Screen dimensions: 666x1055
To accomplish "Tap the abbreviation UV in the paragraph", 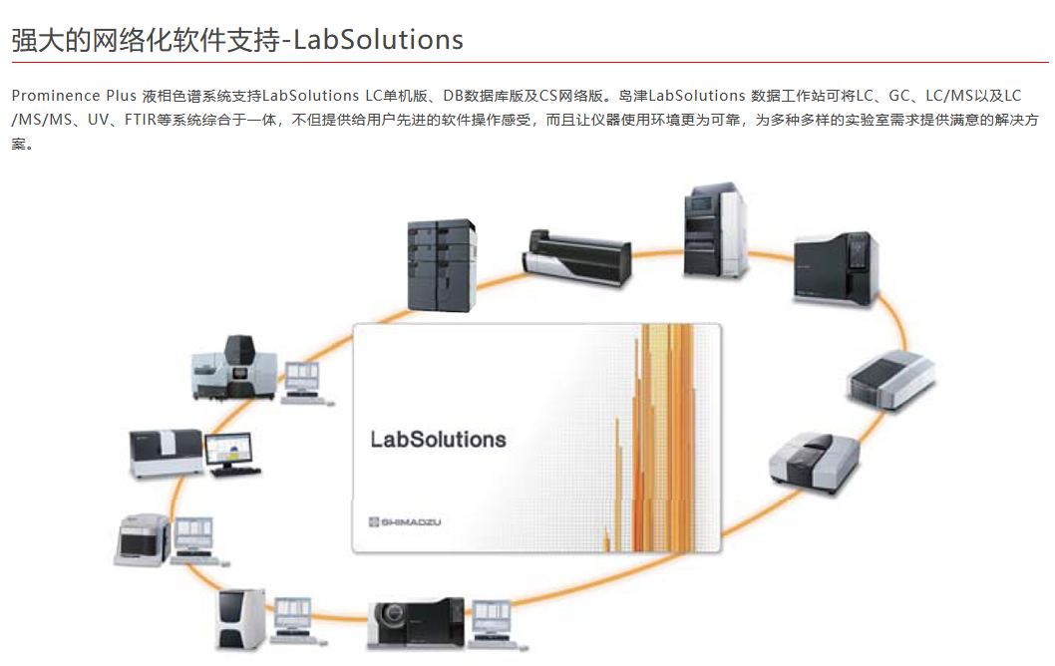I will [x=98, y=120].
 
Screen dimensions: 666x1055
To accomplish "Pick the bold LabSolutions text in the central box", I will [x=438, y=439].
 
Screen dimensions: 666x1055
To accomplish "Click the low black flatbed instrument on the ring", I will [x=576, y=258].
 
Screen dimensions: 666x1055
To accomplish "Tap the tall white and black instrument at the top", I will [x=715, y=231].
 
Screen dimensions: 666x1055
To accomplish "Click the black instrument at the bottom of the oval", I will [x=416, y=623].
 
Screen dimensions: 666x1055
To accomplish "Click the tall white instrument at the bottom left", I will [x=240, y=619].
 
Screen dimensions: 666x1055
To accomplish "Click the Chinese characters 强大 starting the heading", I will [x=36, y=40].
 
